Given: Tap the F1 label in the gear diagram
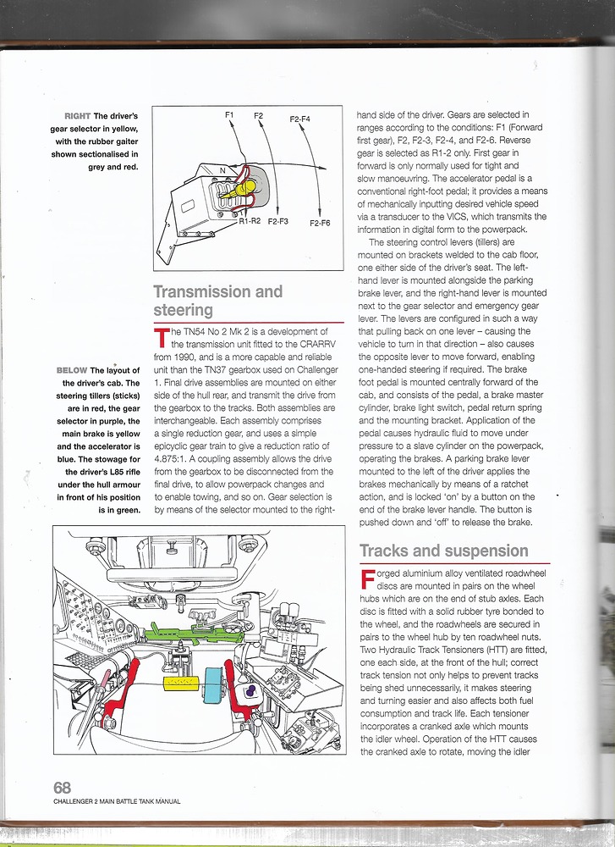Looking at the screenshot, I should click(228, 114).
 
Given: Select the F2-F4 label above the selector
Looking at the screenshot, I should click(300, 119).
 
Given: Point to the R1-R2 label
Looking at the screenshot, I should click(250, 221).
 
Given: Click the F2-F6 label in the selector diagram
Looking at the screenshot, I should click(320, 223).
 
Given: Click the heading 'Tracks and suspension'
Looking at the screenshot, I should click(443, 551).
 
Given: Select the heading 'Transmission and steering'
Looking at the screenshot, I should click(217, 301).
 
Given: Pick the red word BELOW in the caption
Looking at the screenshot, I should click(72, 371).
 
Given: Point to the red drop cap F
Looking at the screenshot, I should click(366, 581).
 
